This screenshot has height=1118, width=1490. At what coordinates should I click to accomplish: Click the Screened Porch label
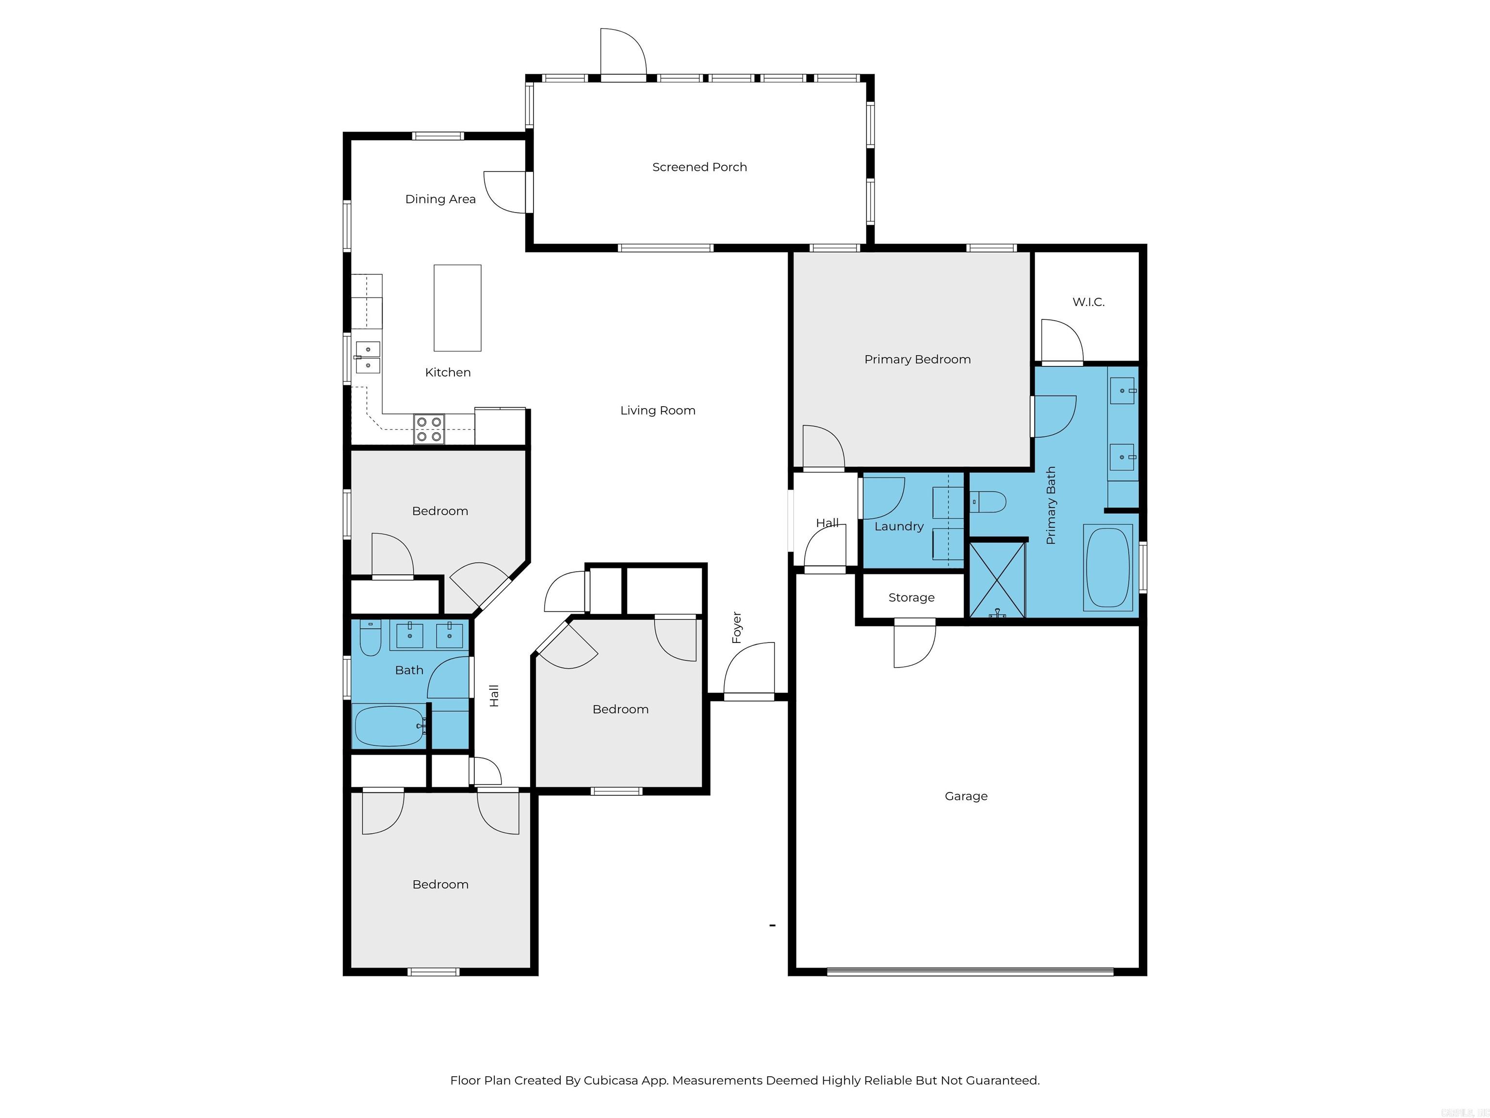click(699, 167)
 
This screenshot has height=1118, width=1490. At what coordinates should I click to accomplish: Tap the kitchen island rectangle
click(457, 308)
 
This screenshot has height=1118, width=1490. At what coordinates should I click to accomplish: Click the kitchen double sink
click(368, 357)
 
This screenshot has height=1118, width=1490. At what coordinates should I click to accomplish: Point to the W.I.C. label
click(1088, 302)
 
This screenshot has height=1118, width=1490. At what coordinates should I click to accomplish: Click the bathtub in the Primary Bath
click(1107, 567)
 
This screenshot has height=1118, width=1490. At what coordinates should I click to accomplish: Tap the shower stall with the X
click(996, 579)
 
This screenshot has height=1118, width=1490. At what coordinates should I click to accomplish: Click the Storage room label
click(911, 598)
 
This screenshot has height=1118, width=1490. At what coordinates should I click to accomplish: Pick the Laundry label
click(899, 526)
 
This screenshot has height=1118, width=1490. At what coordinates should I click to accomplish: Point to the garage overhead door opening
click(970, 971)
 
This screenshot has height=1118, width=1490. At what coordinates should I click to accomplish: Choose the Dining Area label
click(440, 199)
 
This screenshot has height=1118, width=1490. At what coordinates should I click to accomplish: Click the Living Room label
click(657, 411)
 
